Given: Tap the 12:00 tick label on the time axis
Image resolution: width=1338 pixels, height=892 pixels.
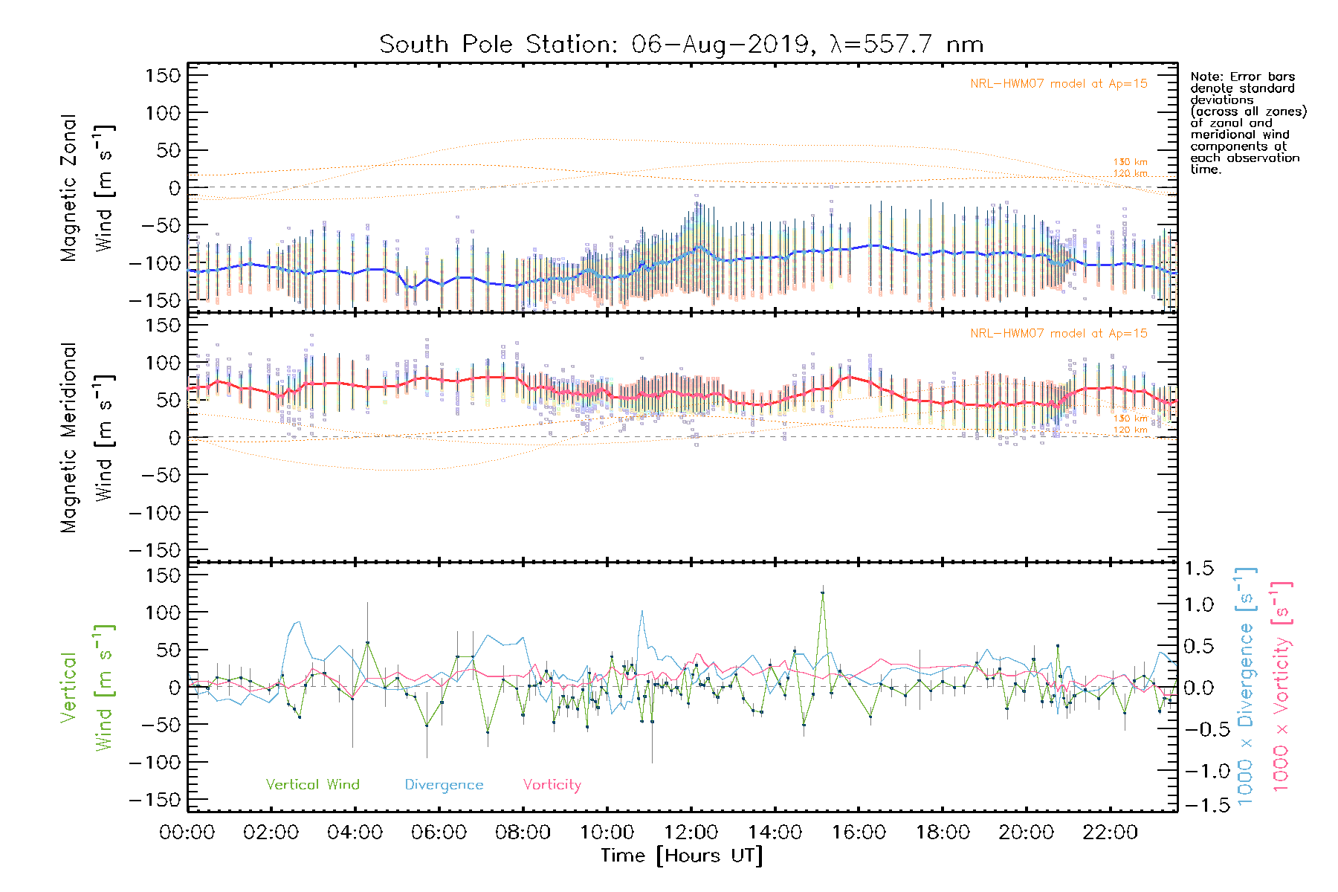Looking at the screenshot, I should click(691, 833).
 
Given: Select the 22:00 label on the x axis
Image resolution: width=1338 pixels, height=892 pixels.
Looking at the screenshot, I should click(1110, 833).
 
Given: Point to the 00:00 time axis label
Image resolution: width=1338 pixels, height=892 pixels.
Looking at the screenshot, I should click(187, 833).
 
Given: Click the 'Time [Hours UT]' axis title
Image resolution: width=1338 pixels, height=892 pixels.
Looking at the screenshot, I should click(682, 856).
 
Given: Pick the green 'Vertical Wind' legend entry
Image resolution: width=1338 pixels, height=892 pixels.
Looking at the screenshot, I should click(312, 785).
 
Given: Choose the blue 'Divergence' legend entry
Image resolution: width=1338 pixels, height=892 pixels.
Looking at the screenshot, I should click(444, 785).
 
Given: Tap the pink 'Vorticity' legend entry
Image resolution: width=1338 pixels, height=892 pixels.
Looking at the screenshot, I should click(552, 785).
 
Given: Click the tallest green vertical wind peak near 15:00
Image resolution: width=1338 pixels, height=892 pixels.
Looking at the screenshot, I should click(822, 593).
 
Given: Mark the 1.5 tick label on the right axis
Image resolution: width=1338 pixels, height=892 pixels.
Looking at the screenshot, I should click(1199, 569).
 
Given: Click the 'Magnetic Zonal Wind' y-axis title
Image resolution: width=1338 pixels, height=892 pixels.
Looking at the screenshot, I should click(88, 188).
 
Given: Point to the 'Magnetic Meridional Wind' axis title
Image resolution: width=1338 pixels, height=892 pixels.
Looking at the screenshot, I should click(88, 438).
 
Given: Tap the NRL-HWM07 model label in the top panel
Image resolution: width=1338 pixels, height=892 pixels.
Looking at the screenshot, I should click(1059, 84).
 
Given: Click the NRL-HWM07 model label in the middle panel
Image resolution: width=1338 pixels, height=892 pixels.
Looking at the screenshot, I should click(1059, 334).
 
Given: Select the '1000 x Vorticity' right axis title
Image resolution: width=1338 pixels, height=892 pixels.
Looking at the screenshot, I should click(1281, 686).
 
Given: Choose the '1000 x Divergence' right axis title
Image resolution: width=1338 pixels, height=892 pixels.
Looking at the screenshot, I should click(1246, 686).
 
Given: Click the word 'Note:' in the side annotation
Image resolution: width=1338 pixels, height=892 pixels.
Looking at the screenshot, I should click(1206, 77).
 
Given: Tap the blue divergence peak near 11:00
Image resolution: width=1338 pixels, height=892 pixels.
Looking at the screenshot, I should click(641, 612).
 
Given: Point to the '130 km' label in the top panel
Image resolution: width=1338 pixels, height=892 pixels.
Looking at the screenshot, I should click(1130, 162).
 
